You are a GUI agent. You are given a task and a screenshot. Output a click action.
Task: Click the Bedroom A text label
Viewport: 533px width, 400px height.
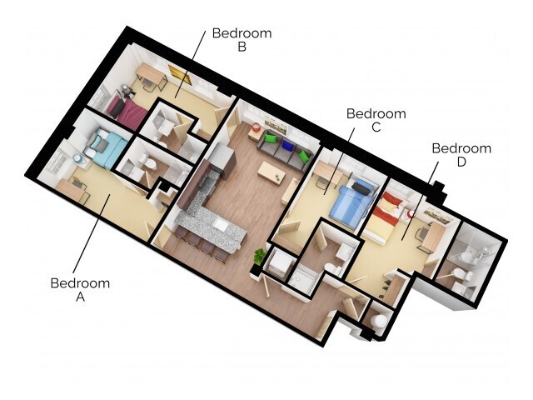pos(80,290)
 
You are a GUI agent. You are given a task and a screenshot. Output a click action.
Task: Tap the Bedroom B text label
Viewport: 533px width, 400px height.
pos(242,40)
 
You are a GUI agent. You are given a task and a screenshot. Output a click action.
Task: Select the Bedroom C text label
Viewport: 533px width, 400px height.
pos(376,120)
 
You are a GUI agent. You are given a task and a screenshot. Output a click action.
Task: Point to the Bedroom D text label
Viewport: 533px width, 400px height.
pos(461,155)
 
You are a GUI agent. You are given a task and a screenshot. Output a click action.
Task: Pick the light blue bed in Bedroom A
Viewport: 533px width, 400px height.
pos(107,148)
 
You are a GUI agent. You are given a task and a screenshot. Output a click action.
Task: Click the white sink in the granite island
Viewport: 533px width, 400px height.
pos(220,223)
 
